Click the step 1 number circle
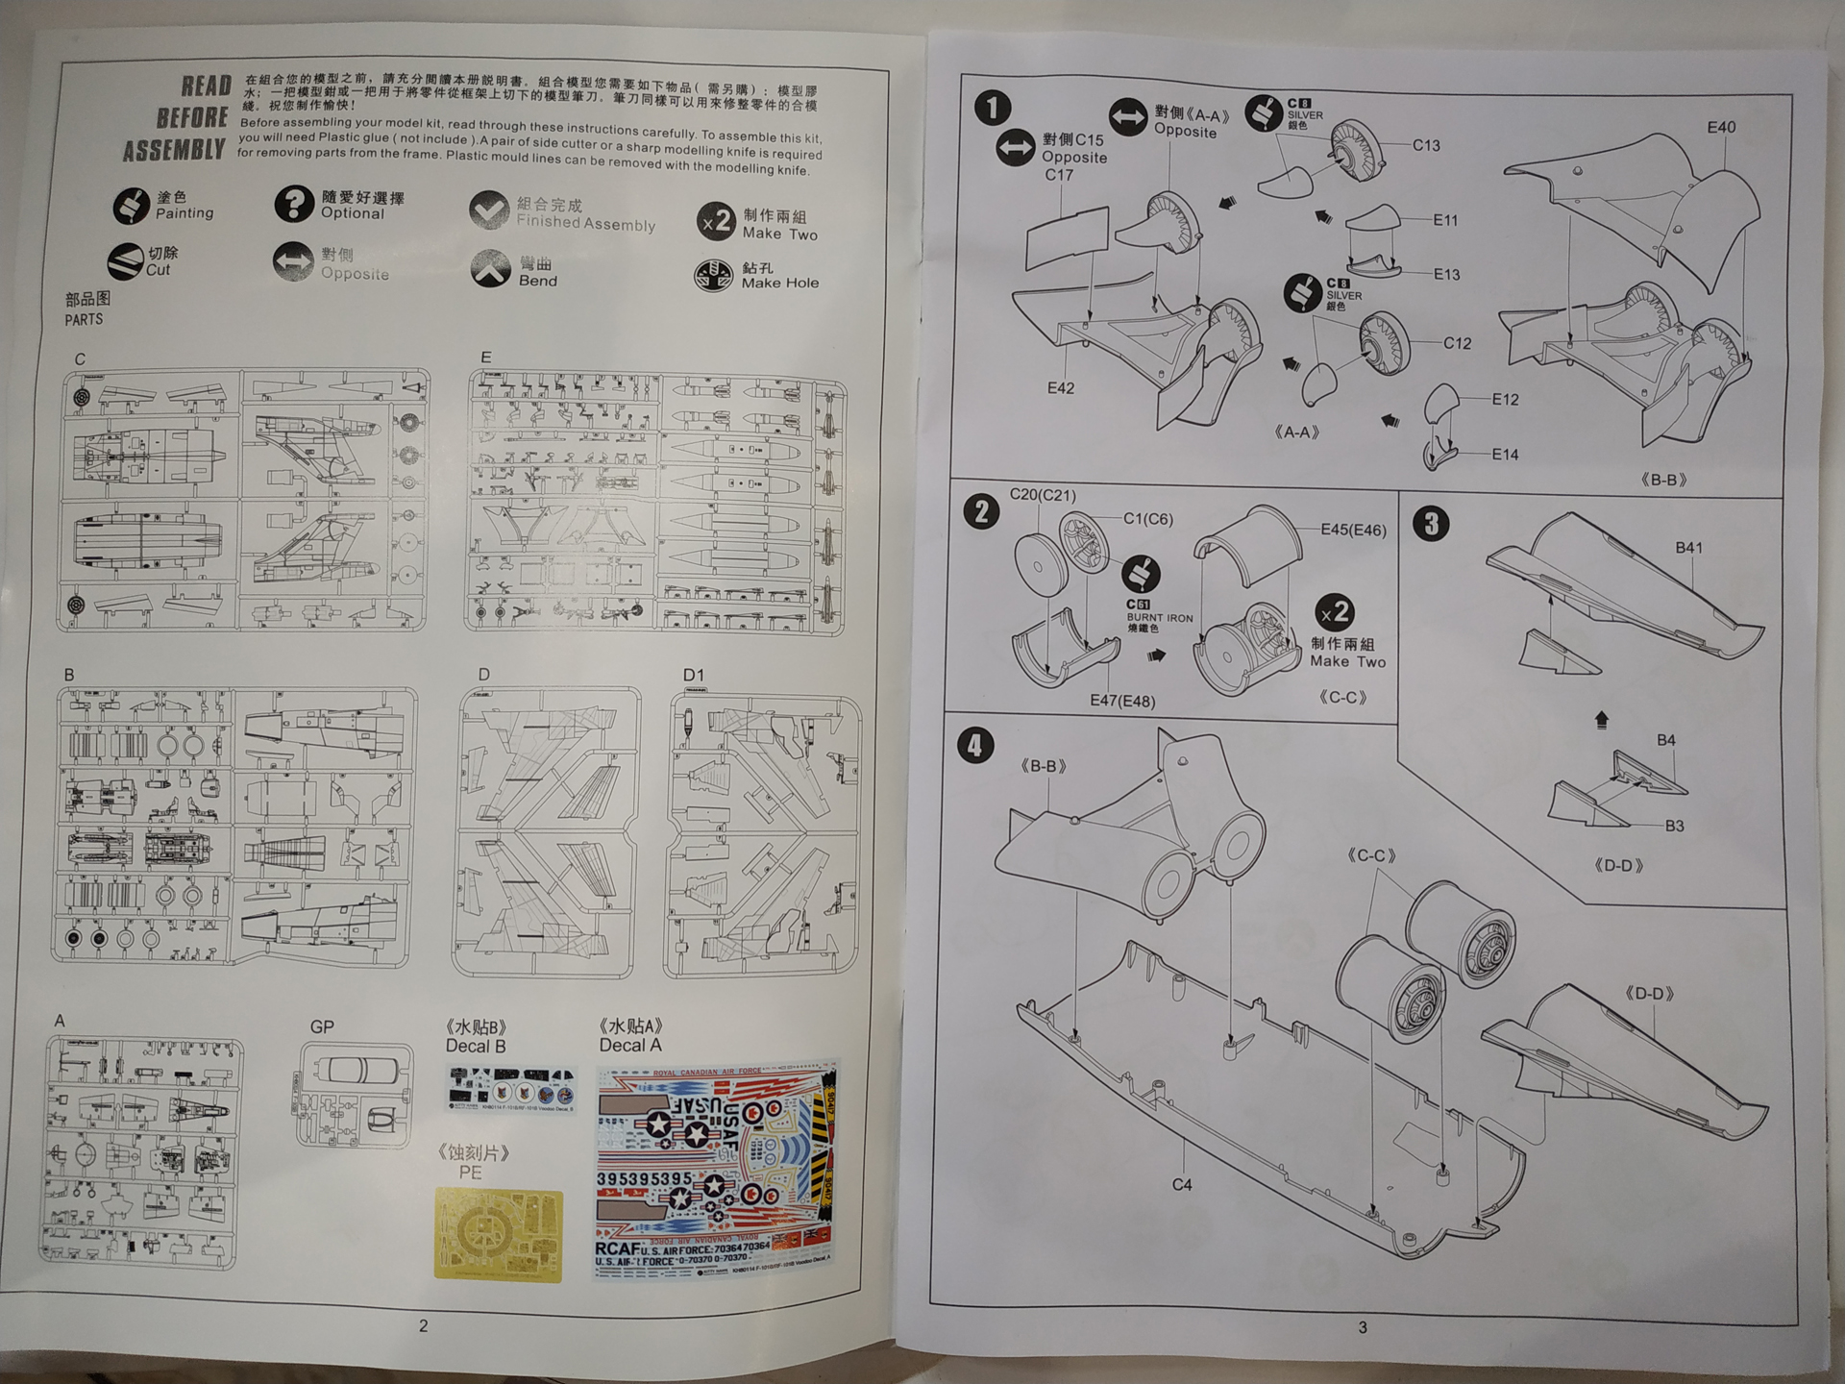click(993, 108)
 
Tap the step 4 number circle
click(975, 745)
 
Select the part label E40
click(1721, 128)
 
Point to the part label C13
click(1426, 146)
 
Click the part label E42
click(1061, 388)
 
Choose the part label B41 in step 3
click(1688, 548)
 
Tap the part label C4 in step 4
click(1182, 1185)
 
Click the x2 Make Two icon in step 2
click(1336, 613)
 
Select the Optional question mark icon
click(294, 204)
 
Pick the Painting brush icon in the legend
click(131, 206)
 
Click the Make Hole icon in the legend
click(713, 276)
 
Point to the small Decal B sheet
click(512, 1091)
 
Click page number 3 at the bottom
click(1362, 1327)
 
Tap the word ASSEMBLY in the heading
click(174, 151)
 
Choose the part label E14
click(1505, 455)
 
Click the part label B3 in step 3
click(1674, 826)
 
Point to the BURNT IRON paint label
click(1159, 618)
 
